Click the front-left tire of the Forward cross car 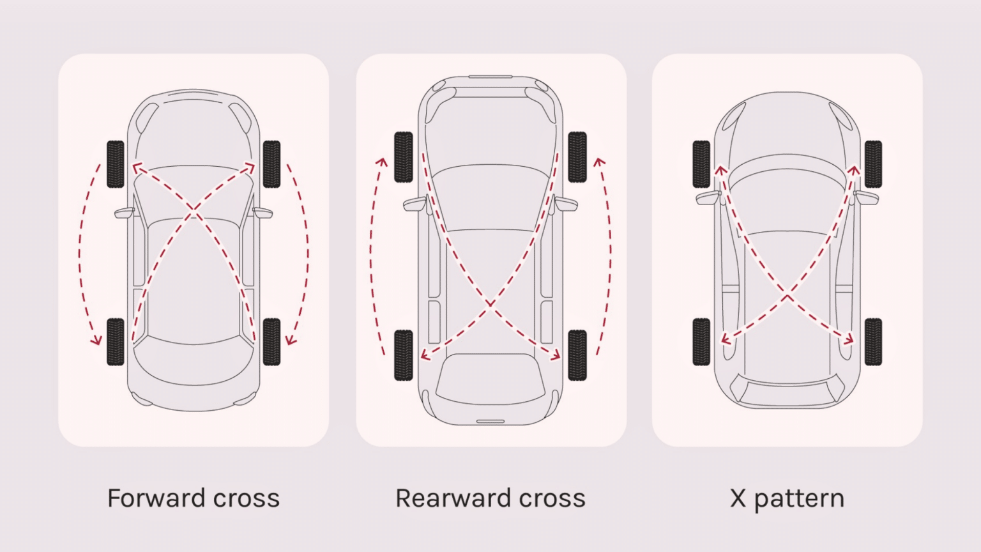click(x=116, y=164)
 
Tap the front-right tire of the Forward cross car click(x=271, y=164)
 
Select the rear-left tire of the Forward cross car click(x=116, y=342)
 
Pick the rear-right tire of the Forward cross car click(x=271, y=342)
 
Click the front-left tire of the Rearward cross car click(x=404, y=157)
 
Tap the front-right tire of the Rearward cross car click(x=577, y=157)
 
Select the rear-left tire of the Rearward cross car click(x=404, y=355)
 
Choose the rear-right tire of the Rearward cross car click(x=577, y=355)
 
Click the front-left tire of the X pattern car click(x=701, y=164)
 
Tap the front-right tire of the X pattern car click(x=873, y=164)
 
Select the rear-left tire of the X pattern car click(x=701, y=342)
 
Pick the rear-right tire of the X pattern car click(x=873, y=342)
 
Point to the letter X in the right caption click(x=738, y=498)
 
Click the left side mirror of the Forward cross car click(x=124, y=213)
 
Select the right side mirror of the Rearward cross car click(x=566, y=204)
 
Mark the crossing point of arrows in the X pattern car click(x=787, y=296)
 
